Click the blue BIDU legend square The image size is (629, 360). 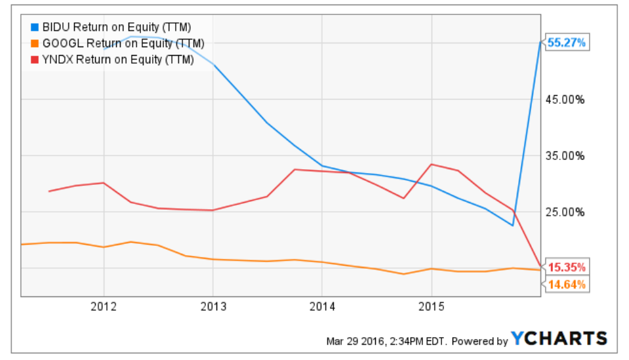(35, 28)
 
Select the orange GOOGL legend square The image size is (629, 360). (35, 44)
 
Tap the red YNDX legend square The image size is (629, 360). (35, 60)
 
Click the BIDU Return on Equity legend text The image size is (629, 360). (117, 28)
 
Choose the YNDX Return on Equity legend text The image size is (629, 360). (118, 60)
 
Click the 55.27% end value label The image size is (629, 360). (566, 43)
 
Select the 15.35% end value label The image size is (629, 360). (567, 267)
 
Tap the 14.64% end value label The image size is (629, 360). (567, 284)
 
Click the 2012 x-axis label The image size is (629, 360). (104, 306)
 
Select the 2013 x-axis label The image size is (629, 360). (213, 306)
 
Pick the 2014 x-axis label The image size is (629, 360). (322, 306)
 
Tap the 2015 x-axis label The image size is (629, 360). (431, 306)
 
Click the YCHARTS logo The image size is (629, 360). (559, 338)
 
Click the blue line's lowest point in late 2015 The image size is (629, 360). (513, 226)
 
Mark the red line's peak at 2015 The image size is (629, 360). (431, 164)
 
